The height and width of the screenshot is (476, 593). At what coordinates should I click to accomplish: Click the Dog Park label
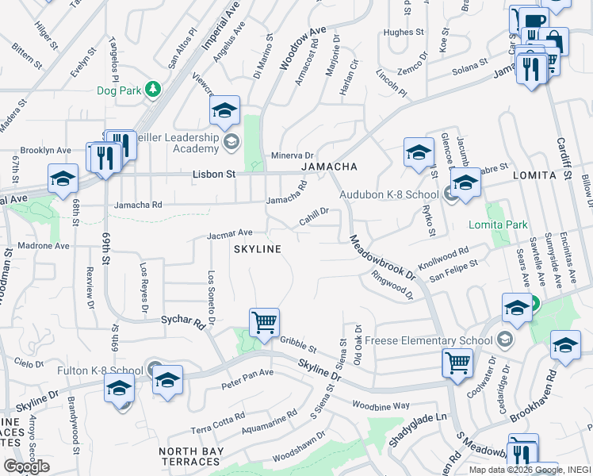[118, 90]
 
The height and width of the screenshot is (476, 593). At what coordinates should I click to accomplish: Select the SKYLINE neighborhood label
[257, 249]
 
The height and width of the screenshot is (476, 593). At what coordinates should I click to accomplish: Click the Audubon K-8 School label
[388, 194]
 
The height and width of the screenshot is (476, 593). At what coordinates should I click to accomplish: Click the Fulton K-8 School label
[100, 370]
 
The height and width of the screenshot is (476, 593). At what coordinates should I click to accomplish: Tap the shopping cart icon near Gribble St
[264, 322]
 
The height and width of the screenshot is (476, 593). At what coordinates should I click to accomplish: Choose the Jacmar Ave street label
[229, 234]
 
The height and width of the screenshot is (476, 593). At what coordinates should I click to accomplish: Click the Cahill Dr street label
[314, 215]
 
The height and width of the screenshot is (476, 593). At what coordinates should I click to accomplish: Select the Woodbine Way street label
[382, 405]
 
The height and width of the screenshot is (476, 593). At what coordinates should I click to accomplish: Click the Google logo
[27, 466]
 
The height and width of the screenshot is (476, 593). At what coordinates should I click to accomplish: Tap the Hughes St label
[404, 33]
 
